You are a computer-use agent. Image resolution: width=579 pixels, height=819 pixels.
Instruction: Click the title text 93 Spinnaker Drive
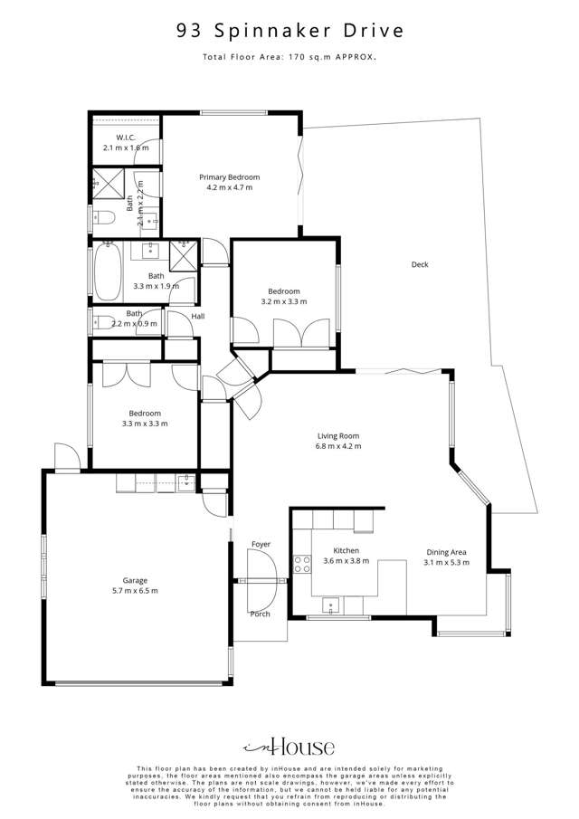pyautogui.click(x=289, y=32)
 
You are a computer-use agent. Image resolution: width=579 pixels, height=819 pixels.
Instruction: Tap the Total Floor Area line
pyautogui.click(x=289, y=57)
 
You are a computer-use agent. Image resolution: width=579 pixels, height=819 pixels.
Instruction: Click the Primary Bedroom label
pyautogui.click(x=230, y=176)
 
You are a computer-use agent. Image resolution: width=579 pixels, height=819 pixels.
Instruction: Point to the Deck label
pyautogui.click(x=420, y=264)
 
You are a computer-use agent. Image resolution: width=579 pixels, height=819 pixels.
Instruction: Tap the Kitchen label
pyautogui.click(x=346, y=549)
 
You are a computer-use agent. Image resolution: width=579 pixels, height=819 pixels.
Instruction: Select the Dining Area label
pyautogui.click(x=446, y=550)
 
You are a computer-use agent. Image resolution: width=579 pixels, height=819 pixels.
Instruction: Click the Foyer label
pyautogui.click(x=261, y=544)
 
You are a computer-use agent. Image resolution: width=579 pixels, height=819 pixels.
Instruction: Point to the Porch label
pyautogui.click(x=260, y=614)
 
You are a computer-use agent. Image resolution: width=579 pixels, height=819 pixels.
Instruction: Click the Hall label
pyautogui.click(x=197, y=316)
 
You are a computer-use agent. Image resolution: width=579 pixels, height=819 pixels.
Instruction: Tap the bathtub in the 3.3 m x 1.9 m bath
pyautogui.click(x=107, y=272)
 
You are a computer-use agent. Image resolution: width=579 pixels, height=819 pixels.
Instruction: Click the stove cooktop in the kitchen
pyautogui.click(x=301, y=565)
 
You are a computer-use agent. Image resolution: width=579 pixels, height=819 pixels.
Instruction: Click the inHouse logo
pyautogui.click(x=289, y=748)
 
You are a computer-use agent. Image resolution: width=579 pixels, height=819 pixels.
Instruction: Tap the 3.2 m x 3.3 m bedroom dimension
pyautogui.click(x=284, y=302)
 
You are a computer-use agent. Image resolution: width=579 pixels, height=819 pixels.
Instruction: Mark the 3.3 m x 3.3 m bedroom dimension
pyautogui.click(x=145, y=423)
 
